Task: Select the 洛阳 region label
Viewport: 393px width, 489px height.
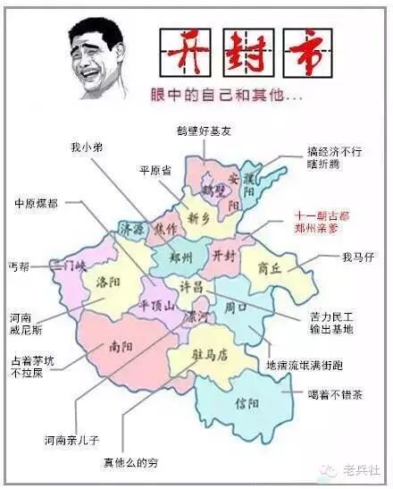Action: tap(107, 282)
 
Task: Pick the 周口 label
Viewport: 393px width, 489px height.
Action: tap(235, 307)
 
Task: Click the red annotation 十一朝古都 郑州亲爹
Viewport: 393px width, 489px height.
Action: tap(322, 222)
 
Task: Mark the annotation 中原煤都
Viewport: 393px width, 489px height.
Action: tap(36, 204)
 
